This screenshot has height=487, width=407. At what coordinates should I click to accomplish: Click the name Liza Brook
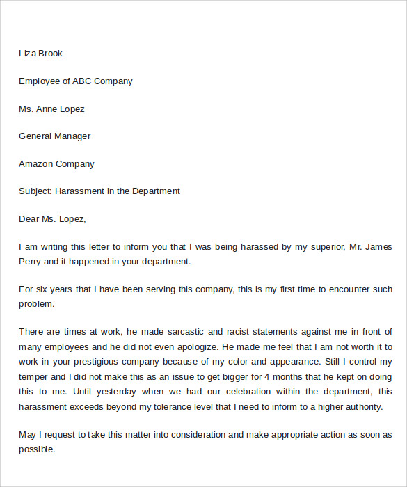click(x=40, y=54)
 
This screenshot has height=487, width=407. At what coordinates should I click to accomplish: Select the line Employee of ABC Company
click(x=75, y=81)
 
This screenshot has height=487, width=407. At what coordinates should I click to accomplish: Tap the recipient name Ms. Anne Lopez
click(x=51, y=109)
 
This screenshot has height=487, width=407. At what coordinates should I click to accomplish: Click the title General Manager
click(x=54, y=136)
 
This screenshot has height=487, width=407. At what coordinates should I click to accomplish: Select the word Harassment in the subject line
click(x=79, y=191)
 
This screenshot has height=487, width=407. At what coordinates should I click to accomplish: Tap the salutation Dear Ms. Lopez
click(x=52, y=219)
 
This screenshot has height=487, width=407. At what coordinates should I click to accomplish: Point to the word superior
click(x=324, y=247)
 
